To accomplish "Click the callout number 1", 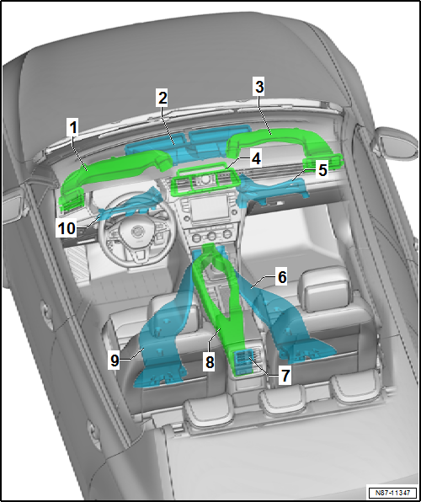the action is tap(73, 128).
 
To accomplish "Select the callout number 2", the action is tap(163, 99).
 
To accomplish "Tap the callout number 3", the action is tap(259, 87).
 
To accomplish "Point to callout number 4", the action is tap(255, 159).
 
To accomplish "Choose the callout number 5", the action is tap(322, 170).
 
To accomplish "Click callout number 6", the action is tap(282, 277).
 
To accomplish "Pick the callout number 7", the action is tap(285, 375).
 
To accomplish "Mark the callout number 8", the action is tap(210, 363).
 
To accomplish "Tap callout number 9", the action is tap(115, 360).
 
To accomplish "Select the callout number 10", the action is tap(67, 228).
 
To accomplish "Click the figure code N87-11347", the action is tap(393, 492).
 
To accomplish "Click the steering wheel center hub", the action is tap(138, 231).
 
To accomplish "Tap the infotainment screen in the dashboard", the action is tap(209, 209).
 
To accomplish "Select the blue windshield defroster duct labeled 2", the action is tap(189, 144).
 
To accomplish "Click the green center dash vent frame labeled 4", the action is tap(205, 180).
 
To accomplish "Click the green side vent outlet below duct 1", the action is tap(71, 200).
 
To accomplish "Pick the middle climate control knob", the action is tap(211, 237).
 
